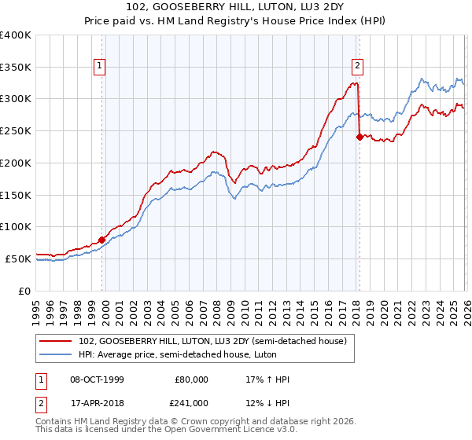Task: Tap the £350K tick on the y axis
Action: (16, 67)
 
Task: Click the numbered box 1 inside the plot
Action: (101, 67)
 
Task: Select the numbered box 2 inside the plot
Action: (357, 67)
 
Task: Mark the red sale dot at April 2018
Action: (360, 137)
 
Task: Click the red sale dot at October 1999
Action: (102, 240)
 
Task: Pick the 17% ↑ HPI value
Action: (267, 379)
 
